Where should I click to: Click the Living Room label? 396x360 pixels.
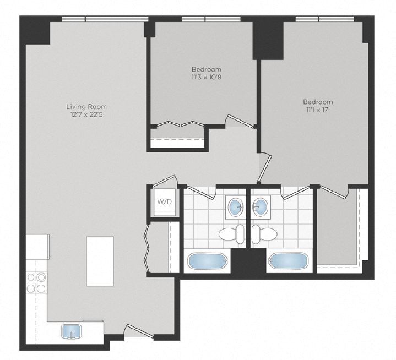point(86,107)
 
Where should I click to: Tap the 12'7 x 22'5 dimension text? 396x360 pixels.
point(86,114)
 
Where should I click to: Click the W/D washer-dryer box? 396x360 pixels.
point(164,202)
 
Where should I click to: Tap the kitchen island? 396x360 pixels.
point(100,261)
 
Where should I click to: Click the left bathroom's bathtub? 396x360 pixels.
point(207,260)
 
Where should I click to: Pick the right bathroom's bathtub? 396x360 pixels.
point(286,260)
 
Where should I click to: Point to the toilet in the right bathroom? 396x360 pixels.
point(264,234)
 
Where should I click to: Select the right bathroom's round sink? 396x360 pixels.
point(261,207)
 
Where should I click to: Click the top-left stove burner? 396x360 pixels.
point(31,278)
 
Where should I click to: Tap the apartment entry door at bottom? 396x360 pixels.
point(135,330)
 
